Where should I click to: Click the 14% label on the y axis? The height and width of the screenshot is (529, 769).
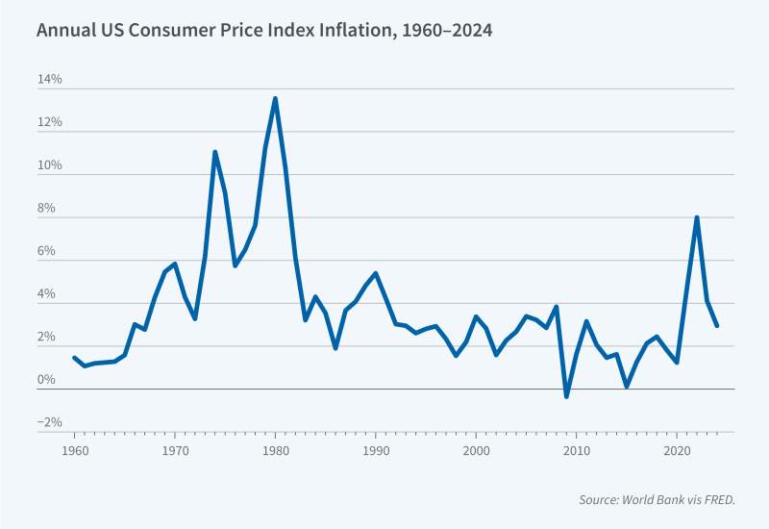[x=50, y=80]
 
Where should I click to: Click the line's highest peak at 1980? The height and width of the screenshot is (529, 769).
[x=275, y=98]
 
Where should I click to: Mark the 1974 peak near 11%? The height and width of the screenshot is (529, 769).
[x=215, y=152]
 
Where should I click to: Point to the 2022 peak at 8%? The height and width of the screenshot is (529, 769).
[x=697, y=217]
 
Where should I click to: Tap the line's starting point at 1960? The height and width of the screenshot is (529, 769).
[x=74, y=358]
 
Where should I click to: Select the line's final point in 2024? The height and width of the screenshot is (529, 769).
[x=717, y=325]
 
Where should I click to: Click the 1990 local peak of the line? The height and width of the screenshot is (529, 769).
[x=376, y=273]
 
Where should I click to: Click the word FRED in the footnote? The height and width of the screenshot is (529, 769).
[x=712, y=500]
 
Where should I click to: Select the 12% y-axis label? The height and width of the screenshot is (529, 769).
[x=50, y=123]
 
